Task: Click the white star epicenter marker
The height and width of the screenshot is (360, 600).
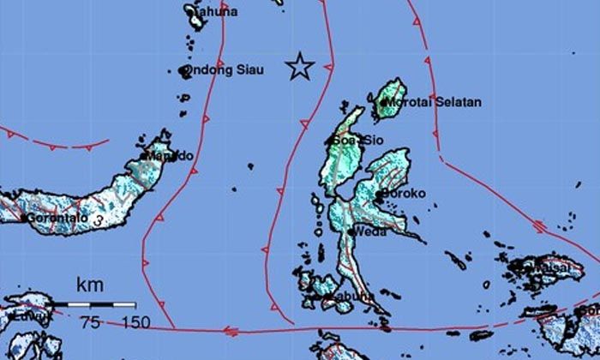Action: pos(299,66)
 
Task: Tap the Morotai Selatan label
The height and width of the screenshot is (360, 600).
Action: pos(432,102)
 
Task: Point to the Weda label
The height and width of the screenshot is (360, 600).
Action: pos(370,231)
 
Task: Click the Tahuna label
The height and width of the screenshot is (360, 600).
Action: pos(214,11)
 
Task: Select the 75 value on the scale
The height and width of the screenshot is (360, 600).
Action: pos(90,322)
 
